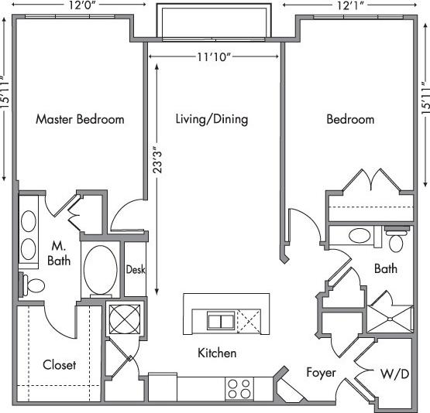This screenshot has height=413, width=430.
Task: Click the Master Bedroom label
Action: coord(80,119)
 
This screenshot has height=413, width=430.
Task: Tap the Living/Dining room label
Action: coord(212,119)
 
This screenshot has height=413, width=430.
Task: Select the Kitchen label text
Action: coord(217,353)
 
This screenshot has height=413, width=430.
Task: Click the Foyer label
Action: coord(321,372)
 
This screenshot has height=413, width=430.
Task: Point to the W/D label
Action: coord(395,374)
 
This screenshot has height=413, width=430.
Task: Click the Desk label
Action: coord(136,270)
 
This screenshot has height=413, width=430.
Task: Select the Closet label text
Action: coord(59,364)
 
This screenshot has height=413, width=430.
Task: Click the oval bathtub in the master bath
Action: coord(99,270)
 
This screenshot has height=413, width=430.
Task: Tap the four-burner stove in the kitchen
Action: coord(239,387)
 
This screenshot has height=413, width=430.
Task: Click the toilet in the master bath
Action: coord(32,285)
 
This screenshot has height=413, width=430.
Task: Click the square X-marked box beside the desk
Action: coord(122,318)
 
